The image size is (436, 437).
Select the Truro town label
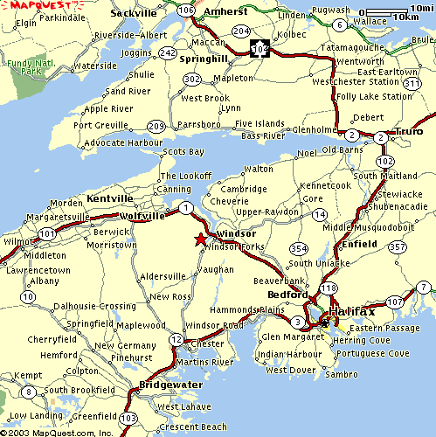click(408, 130)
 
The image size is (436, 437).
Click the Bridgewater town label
click(171, 385)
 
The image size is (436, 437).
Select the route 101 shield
click(46, 234)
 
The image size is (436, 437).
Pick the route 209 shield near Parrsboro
click(156, 126)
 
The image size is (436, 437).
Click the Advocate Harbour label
click(114, 142)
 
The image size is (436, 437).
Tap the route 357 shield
click(398, 247)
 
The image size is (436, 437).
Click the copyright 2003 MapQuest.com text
click(57, 431)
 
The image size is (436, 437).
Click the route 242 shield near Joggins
click(168, 52)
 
